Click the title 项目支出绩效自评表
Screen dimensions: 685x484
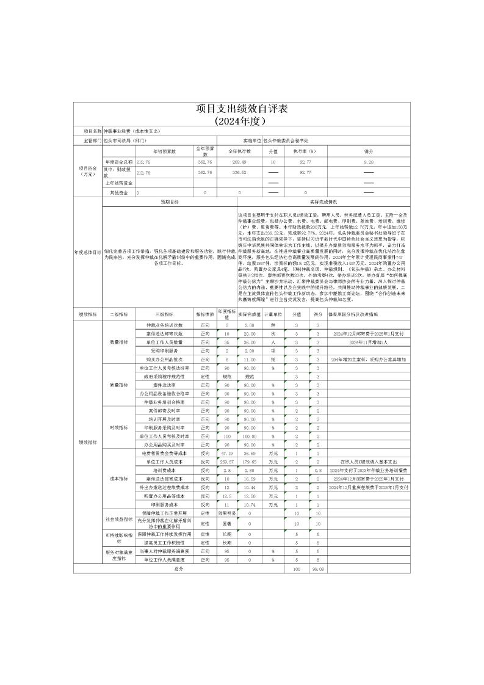point(242,109)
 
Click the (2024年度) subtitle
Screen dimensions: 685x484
point(242,120)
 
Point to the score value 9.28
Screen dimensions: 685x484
point(369,162)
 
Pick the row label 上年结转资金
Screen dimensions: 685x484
point(119,183)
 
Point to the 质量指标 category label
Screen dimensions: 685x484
point(118,385)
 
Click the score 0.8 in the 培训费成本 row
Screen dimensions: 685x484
point(317,471)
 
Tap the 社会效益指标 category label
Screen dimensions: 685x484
point(118,518)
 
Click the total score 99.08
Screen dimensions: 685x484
point(317,568)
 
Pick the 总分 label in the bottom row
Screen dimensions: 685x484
point(179,568)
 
